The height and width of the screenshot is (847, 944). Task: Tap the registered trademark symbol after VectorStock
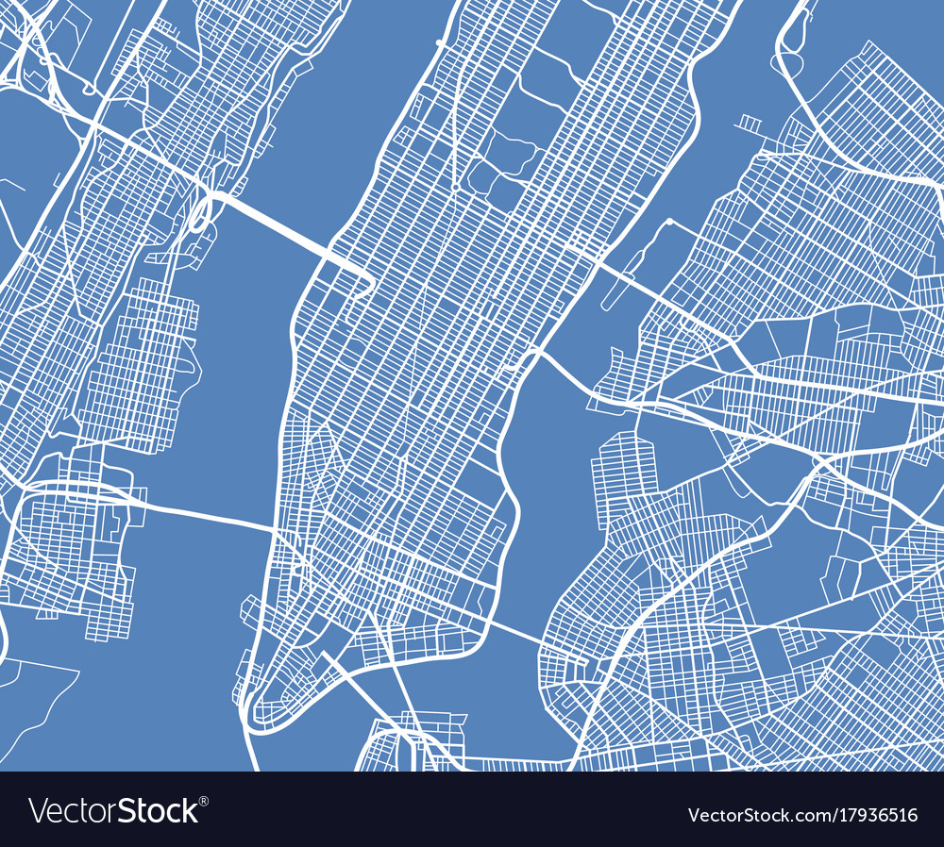205,801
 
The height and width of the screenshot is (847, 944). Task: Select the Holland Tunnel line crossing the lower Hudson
208,512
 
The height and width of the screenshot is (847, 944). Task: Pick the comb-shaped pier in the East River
750,123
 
